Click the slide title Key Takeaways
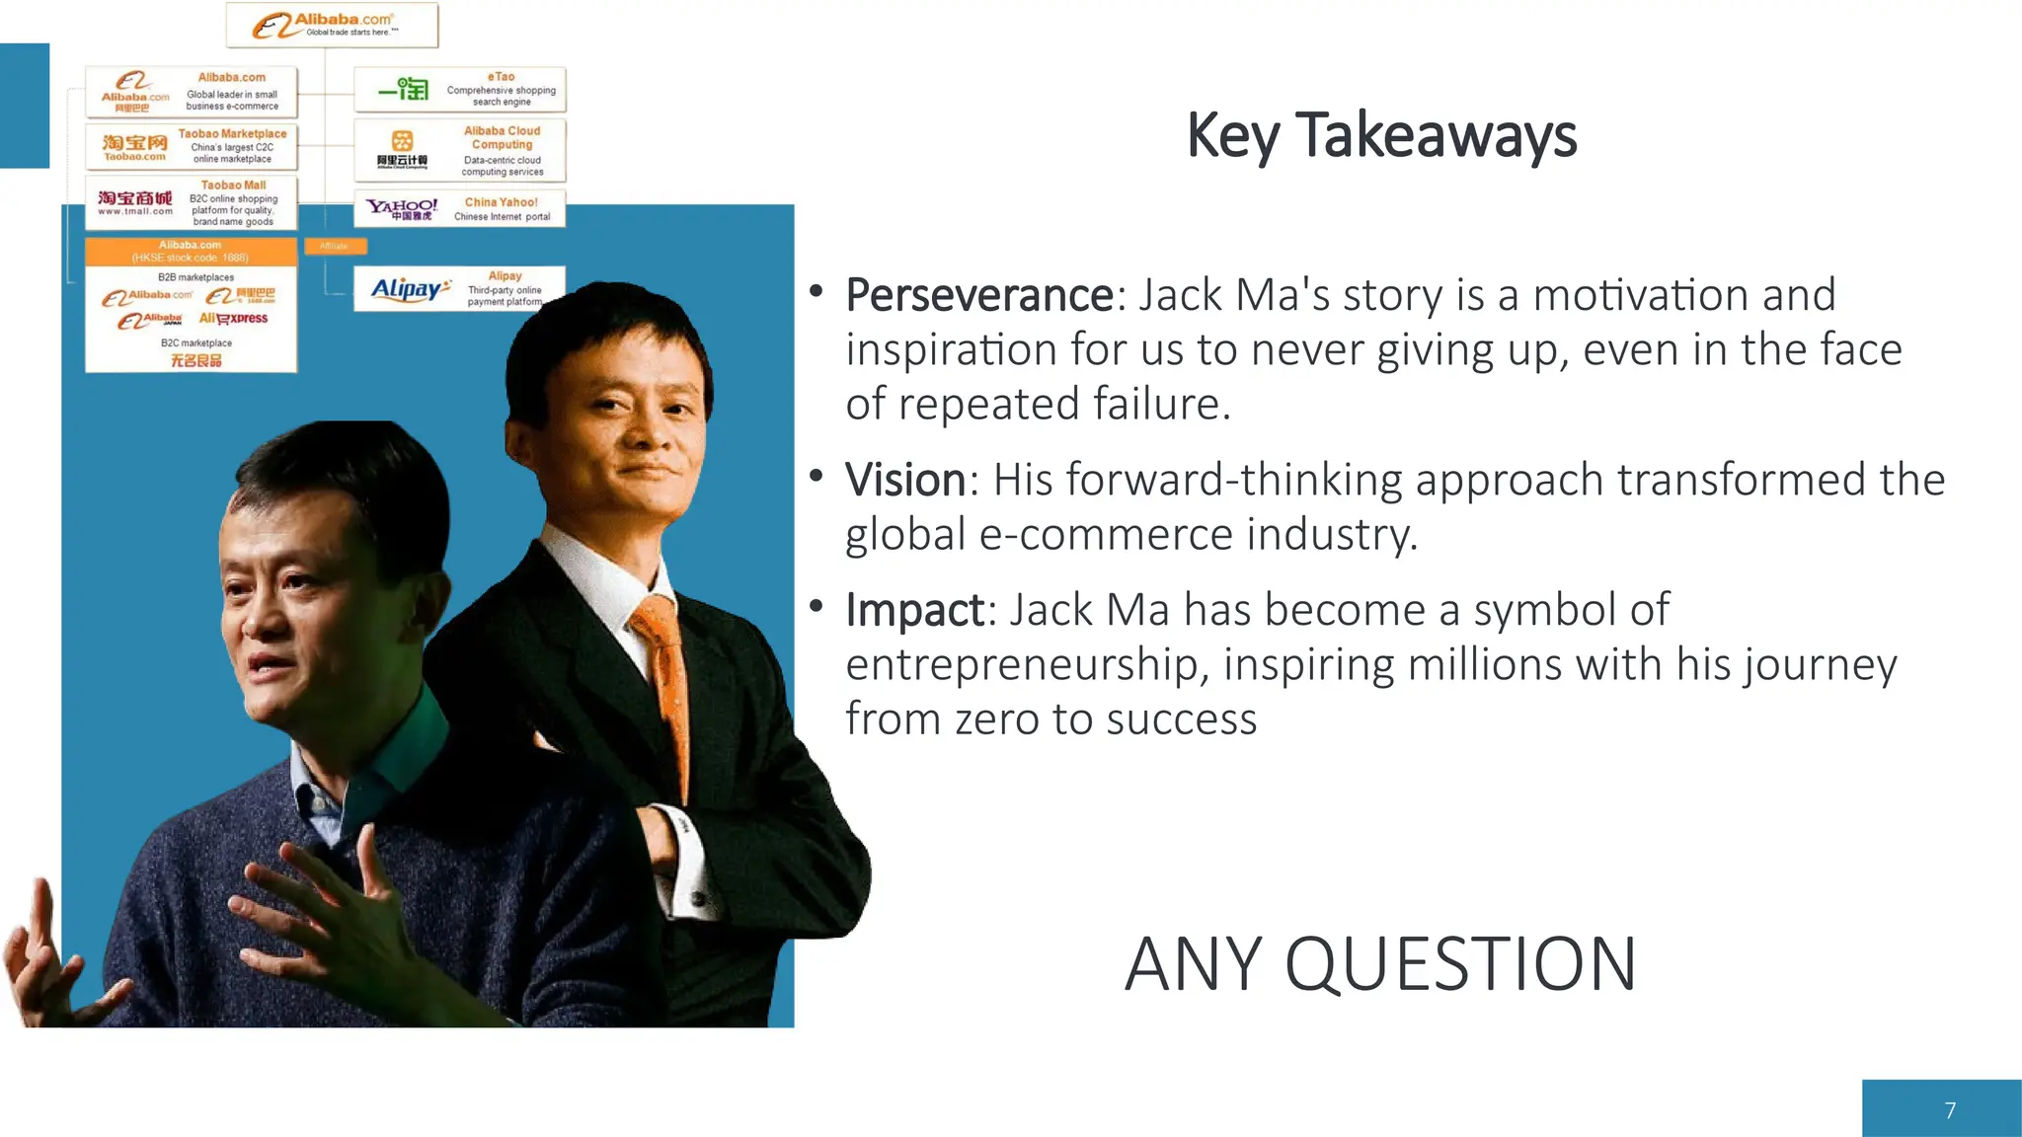click(x=1381, y=136)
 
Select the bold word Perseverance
click(x=979, y=295)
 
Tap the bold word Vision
click(x=905, y=480)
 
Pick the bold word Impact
click(x=914, y=610)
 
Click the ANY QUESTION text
click(x=1380, y=964)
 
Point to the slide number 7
click(x=1949, y=1110)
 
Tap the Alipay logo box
click(x=459, y=288)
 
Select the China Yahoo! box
click(x=459, y=208)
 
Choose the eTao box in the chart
click(x=459, y=90)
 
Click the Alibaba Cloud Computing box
click(x=459, y=150)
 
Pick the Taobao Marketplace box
click(x=191, y=146)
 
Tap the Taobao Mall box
click(x=191, y=202)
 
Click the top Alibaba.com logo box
click(x=332, y=25)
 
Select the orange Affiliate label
click(x=335, y=246)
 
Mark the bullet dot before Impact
click(x=816, y=606)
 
